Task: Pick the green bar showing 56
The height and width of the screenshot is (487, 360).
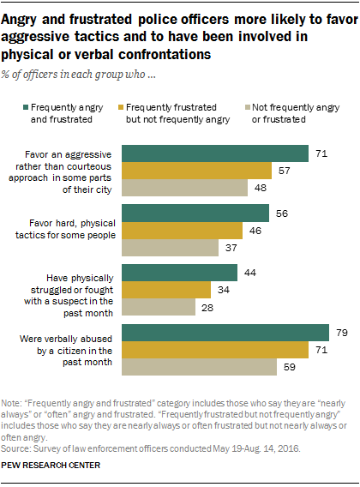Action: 196,213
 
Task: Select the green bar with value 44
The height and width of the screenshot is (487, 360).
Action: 180,273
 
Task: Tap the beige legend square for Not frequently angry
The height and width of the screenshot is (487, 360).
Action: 243,107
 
